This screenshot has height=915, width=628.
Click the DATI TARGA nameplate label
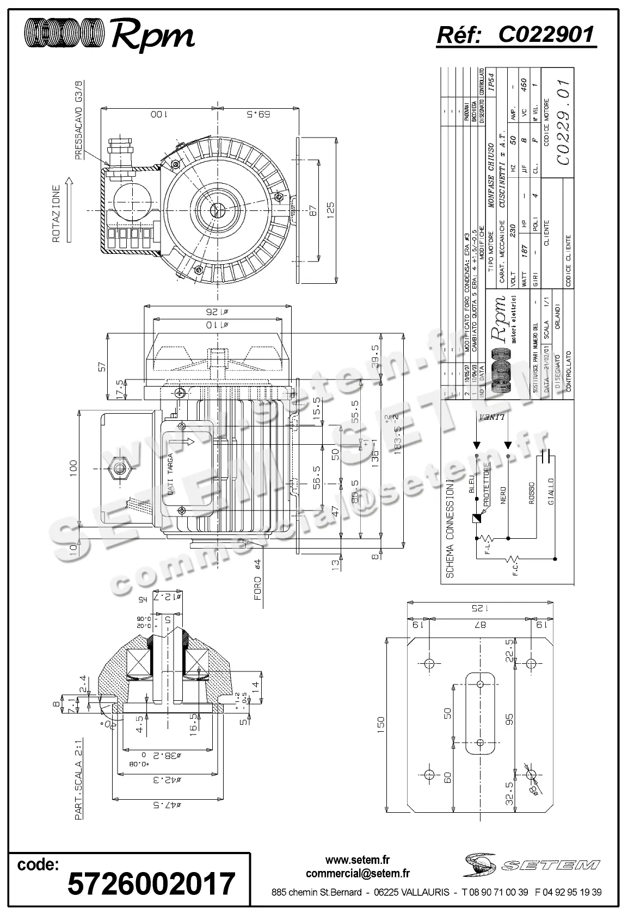pos(170,474)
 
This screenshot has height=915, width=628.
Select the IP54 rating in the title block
pos(492,82)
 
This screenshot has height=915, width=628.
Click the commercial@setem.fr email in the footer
pos(358,874)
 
